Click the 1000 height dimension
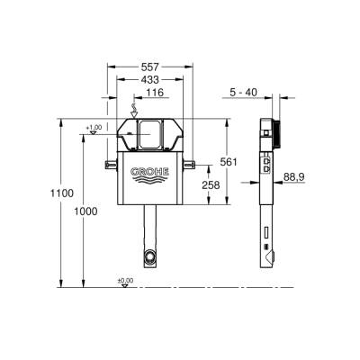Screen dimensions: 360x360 pos(85,210)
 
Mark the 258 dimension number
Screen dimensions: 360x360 pos(211,184)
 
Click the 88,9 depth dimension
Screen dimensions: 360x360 pos(293,177)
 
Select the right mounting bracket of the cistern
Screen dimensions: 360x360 pos(190,163)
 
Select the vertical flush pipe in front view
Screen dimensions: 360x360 pos(149,229)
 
